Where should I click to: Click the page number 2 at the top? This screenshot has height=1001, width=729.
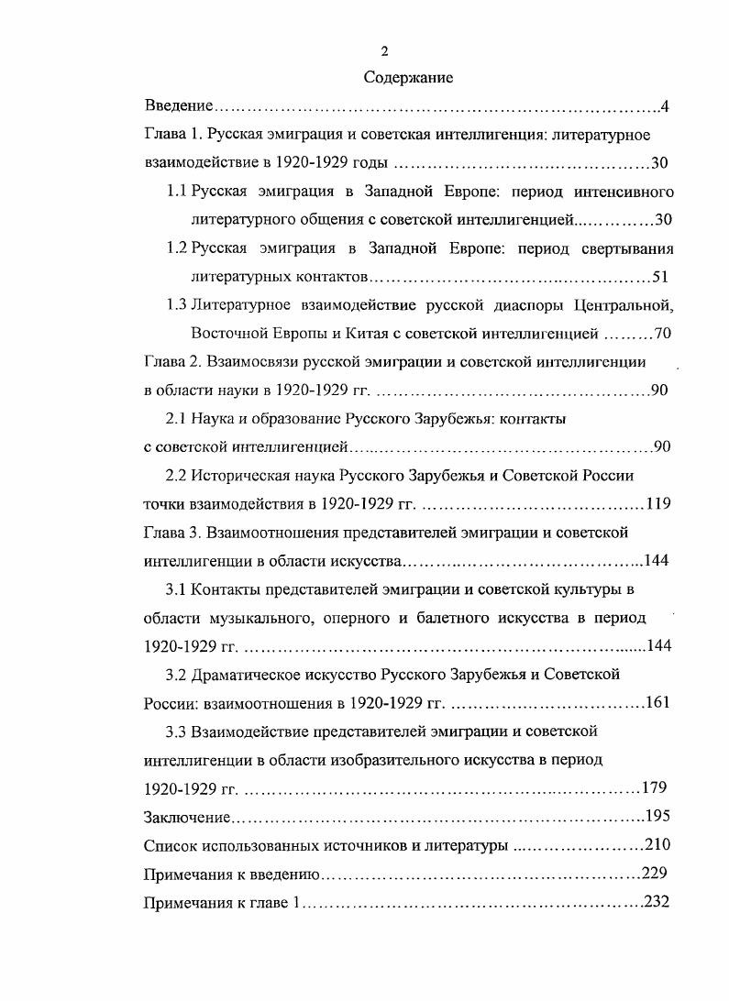click(384, 50)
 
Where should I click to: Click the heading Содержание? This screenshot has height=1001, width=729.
click(408, 78)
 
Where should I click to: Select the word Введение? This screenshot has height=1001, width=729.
click(179, 107)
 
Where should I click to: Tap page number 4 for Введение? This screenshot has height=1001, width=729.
click(665, 107)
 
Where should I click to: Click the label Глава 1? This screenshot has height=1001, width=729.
click(172, 135)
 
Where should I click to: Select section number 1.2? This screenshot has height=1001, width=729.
click(177, 248)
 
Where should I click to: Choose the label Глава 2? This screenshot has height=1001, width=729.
click(172, 361)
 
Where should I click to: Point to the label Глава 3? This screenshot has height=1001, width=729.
click(172, 532)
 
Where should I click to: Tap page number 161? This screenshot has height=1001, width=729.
click(657, 703)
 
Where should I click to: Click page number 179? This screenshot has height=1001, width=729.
click(654, 787)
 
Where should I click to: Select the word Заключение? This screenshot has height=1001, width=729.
click(187, 816)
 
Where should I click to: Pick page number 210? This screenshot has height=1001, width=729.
click(659, 844)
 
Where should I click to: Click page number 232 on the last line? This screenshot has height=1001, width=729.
click(657, 902)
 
